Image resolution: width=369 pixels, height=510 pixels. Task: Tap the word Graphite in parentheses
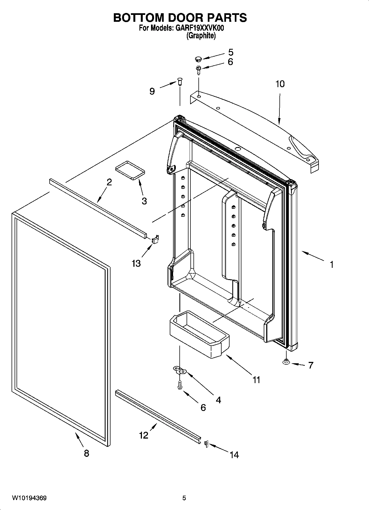pos(201,36)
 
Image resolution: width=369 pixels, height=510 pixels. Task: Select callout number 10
pos(280,84)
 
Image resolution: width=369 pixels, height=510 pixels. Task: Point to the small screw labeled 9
pos(180,82)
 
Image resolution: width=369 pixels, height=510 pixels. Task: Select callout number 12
pos(144,435)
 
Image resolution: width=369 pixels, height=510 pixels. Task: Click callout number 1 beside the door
pos(332,265)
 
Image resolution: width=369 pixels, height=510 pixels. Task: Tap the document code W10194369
pos(29,498)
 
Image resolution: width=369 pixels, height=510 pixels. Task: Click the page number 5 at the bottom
pos(184,498)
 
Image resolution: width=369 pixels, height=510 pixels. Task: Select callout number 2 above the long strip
pos(109,182)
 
